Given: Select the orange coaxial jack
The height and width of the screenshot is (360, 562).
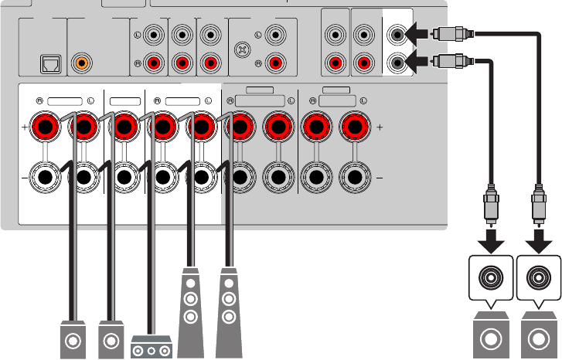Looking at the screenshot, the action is [81, 64].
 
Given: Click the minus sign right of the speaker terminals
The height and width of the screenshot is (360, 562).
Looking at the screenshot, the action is [379, 177].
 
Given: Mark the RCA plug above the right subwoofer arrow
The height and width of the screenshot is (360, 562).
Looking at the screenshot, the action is [536, 204].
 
